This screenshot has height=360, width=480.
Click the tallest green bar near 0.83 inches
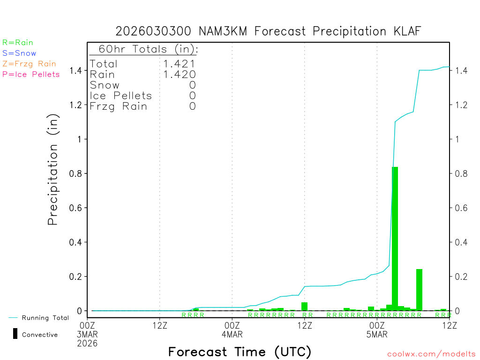click(x=395, y=239)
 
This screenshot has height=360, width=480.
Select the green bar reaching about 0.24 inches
click(x=419, y=290)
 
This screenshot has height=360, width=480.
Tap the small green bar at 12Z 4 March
click(x=304, y=306)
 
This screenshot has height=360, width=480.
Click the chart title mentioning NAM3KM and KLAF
click(x=269, y=31)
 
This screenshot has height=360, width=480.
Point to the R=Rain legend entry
click(x=18, y=43)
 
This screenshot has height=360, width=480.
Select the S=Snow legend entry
click(x=19, y=53)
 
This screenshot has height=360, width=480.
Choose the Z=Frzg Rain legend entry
click(x=29, y=64)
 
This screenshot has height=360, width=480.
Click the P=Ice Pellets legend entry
click(x=31, y=74)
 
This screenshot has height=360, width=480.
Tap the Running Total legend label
click(x=45, y=318)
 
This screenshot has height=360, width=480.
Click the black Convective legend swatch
click(x=15, y=334)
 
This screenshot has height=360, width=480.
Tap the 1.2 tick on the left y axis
click(x=76, y=105)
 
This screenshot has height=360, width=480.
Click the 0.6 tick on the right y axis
click(x=460, y=208)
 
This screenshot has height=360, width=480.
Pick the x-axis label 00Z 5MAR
click(x=377, y=329)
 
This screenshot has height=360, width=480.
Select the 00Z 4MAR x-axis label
click(x=232, y=329)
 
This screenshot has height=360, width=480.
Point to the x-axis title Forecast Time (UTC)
click(x=240, y=352)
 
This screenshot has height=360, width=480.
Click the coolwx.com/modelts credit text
click(x=431, y=354)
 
